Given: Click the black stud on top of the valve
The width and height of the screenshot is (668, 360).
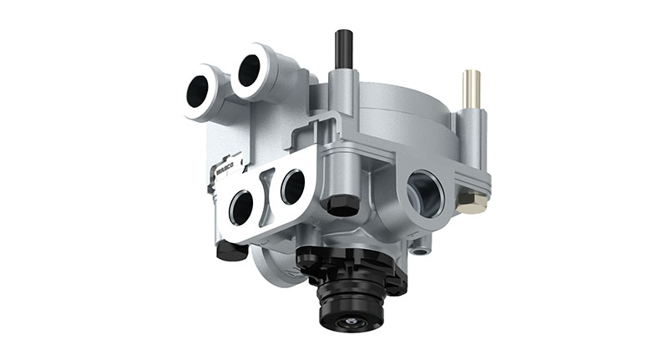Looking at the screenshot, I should (341, 48).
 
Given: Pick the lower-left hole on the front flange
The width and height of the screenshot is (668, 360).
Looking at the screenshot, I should (241, 207).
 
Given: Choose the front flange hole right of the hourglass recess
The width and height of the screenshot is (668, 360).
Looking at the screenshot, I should (293, 185).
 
